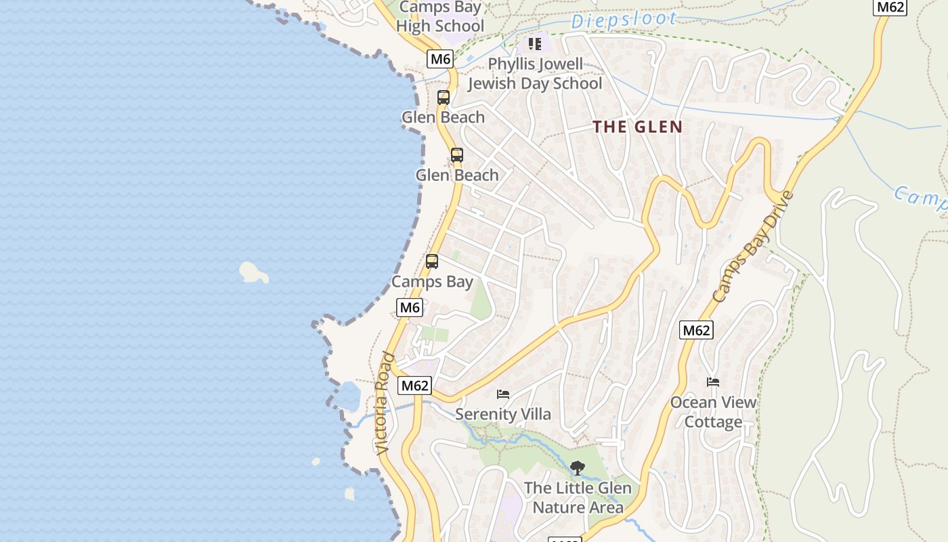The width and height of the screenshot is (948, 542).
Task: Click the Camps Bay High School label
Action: click(x=440, y=17)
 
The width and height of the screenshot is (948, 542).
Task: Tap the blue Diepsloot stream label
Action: click(x=624, y=20)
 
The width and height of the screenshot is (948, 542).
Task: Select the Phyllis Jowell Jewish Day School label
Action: click(x=535, y=74)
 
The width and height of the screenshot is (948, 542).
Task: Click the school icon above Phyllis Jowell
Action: click(x=535, y=45)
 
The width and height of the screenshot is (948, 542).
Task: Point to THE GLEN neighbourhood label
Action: click(x=637, y=127)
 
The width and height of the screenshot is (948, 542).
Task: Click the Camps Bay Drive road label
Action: click(x=752, y=247)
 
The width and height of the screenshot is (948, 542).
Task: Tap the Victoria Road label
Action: click(x=384, y=403)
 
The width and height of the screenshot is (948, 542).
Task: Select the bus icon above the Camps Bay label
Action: click(x=432, y=262)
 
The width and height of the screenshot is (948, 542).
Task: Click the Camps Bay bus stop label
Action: click(x=432, y=282)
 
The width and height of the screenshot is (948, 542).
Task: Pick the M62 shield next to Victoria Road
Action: click(x=414, y=385)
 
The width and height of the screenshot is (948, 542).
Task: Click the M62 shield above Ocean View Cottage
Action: click(x=696, y=330)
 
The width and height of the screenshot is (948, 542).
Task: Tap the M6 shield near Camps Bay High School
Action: click(x=440, y=59)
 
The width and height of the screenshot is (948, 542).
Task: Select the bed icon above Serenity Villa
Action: click(x=503, y=394)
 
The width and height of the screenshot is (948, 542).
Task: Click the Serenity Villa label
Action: click(x=503, y=414)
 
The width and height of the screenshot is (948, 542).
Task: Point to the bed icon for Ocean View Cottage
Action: click(x=713, y=382)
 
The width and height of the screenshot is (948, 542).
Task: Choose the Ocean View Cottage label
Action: click(x=713, y=412)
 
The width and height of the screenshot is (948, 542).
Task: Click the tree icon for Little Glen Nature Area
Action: click(x=577, y=467)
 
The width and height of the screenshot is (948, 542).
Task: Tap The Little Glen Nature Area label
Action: click(x=578, y=497)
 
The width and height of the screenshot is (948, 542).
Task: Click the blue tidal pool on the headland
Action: click(x=349, y=397)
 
